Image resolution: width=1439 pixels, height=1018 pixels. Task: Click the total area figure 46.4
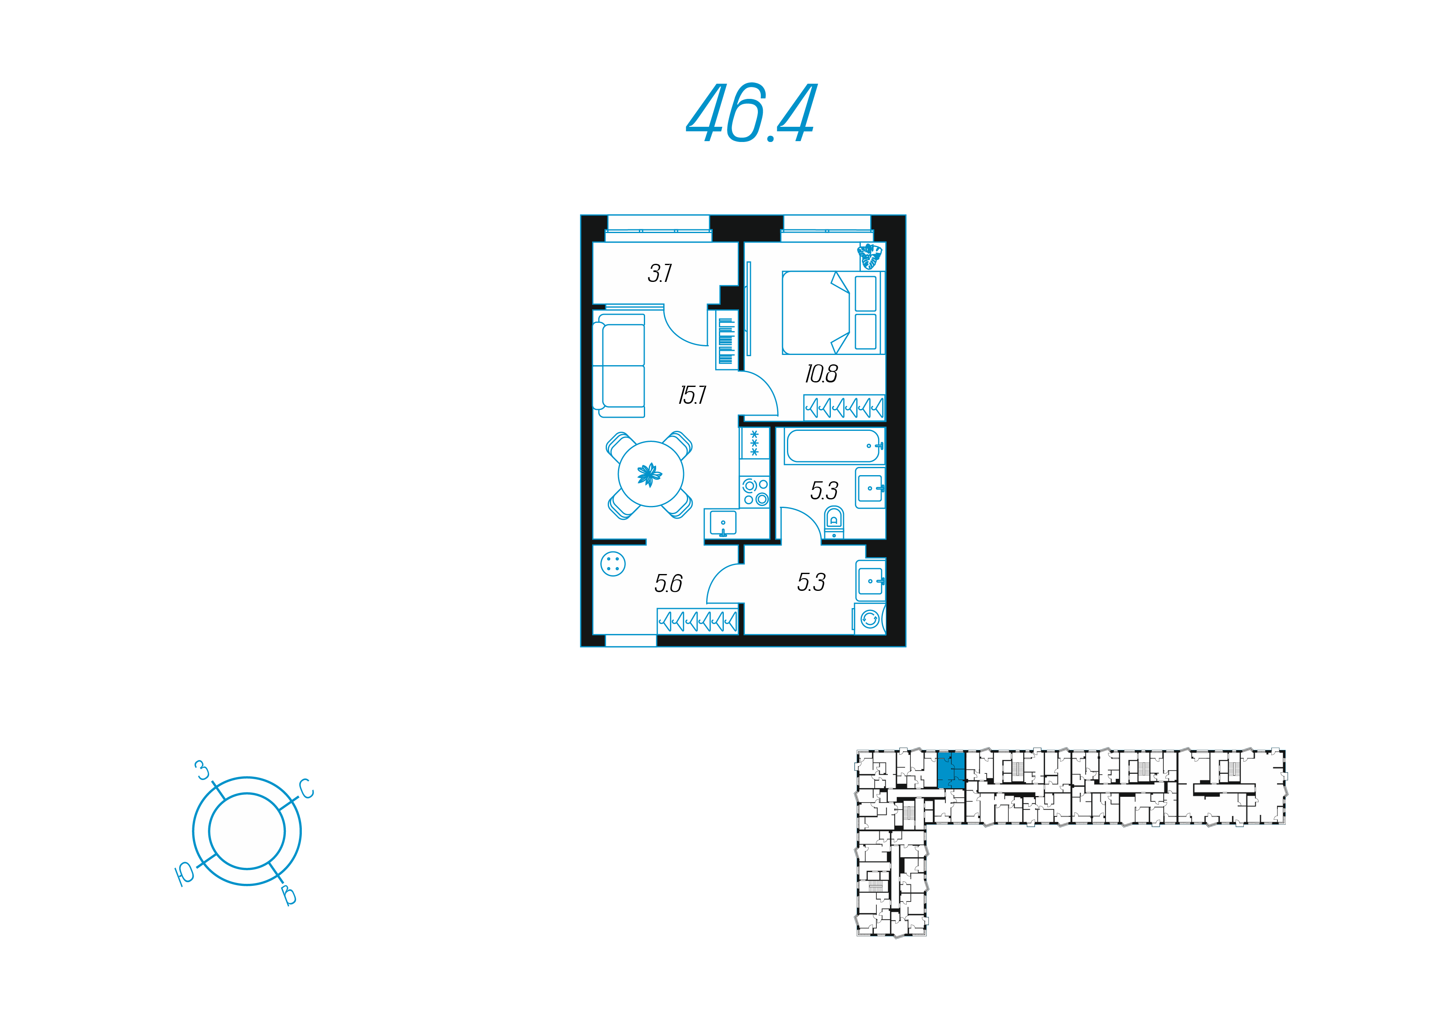[751, 114]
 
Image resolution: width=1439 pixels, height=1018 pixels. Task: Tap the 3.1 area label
[659, 273]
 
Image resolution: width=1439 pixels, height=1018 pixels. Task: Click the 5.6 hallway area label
[668, 583]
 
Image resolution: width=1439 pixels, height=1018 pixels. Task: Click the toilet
[834, 522]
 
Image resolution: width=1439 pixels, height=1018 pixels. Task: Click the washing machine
[870, 619]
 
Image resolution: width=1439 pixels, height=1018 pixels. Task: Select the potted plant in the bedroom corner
[870, 256]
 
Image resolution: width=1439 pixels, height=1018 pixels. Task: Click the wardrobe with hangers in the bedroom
[844, 408]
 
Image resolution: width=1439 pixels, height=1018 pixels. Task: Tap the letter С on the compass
[306, 789]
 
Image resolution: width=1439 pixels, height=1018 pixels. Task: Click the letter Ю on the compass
[185, 873]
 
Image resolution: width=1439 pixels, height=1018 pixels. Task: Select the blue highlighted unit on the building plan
[951, 770]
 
